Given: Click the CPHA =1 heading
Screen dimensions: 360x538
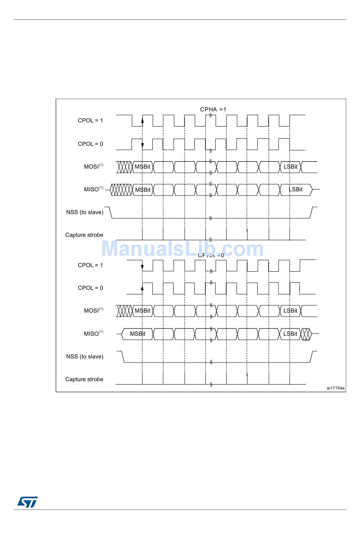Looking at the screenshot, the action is pyautogui.click(x=213, y=109).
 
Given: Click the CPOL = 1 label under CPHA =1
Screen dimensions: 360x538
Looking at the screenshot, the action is pyautogui.click(x=90, y=120).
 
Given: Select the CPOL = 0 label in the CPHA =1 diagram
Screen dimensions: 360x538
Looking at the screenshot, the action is pyautogui.click(x=90, y=144).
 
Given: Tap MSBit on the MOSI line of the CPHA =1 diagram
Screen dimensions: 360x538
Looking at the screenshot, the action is pyautogui.click(x=142, y=167).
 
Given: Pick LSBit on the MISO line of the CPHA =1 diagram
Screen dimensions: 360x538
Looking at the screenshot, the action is pyautogui.click(x=296, y=189).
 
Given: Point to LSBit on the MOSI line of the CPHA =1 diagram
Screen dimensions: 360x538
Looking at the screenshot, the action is pyautogui.click(x=291, y=167).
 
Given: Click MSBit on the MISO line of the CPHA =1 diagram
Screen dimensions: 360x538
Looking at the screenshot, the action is pyautogui.click(x=143, y=190).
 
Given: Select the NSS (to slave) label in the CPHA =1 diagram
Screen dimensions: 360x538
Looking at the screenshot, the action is pyautogui.click(x=85, y=212).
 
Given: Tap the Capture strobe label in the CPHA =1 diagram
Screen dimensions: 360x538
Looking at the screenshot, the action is pyautogui.click(x=84, y=235).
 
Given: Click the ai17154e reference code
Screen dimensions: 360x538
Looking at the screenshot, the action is pyautogui.click(x=336, y=388).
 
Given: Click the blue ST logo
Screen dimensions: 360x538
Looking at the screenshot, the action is pyautogui.click(x=27, y=502).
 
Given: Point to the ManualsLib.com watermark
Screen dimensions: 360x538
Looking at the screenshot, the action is pyautogui.click(x=182, y=249).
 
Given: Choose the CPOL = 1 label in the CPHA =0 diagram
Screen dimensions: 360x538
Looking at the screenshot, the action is pyautogui.click(x=90, y=265).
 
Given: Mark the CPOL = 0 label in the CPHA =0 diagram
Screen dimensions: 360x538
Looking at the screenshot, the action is pyautogui.click(x=90, y=288).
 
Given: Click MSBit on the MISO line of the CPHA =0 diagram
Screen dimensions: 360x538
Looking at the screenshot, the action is pyautogui.click(x=138, y=334).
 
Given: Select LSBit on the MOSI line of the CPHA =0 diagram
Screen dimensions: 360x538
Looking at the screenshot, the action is pyautogui.click(x=291, y=311).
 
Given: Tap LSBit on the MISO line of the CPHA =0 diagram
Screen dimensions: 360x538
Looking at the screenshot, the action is pyautogui.click(x=291, y=334).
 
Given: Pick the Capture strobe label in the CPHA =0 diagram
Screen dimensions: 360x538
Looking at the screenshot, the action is pyautogui.click(x=84, y=379).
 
